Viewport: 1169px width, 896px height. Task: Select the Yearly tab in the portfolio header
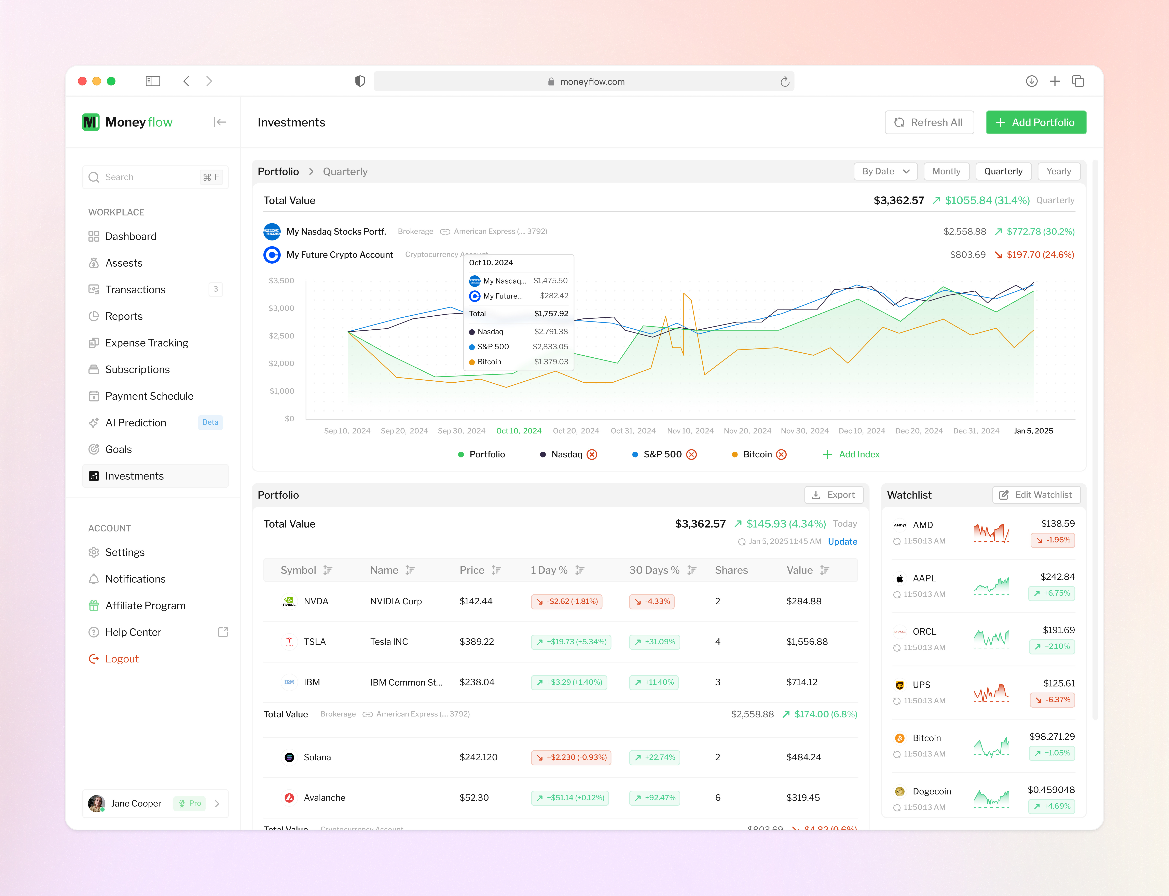[x=1058, y=171]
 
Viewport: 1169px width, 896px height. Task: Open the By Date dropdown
[x=885, y=171]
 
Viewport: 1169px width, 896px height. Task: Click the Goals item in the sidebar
[x=118, y=449]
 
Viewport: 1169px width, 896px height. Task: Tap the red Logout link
[x=122, y=659]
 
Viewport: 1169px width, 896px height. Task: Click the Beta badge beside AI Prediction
[x=210, y=422]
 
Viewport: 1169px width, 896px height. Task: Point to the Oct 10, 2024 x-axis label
[x=518, y=431]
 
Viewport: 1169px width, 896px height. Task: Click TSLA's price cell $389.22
[x=477, y=642]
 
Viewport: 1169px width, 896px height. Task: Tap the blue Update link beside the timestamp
[x=842, y=541]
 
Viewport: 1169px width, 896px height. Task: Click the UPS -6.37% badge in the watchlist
[x=1052, y=700]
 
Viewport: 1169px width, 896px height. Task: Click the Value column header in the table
[x=800, y=570]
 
